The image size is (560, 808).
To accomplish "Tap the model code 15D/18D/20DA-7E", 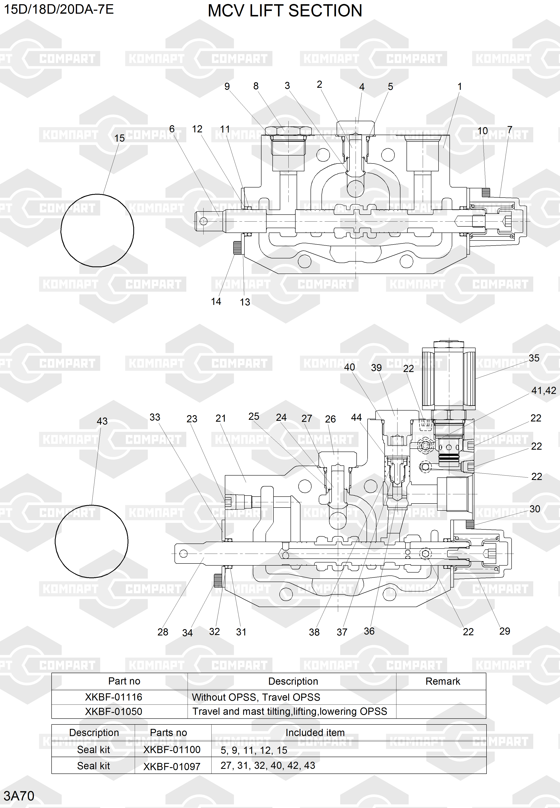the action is [x=59, y=9].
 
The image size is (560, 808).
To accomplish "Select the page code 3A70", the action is [x=19, y=796].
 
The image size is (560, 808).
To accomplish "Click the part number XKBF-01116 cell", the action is [x=114, y=697].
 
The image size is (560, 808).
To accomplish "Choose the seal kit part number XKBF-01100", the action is [x=172, y=750].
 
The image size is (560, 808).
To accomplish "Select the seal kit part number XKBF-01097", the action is [x=172, y=766].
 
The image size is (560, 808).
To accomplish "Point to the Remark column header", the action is [x=443, y=681].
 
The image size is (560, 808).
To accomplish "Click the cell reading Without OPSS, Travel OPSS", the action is [x=256, y=697].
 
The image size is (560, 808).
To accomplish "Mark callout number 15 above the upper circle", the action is [x=120, y=138].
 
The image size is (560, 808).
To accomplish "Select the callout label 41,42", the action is [x=544, y=391].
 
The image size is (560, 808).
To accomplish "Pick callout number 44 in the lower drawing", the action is [x=356, y=417].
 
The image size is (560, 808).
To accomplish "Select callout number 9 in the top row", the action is [x=227, y=86].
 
